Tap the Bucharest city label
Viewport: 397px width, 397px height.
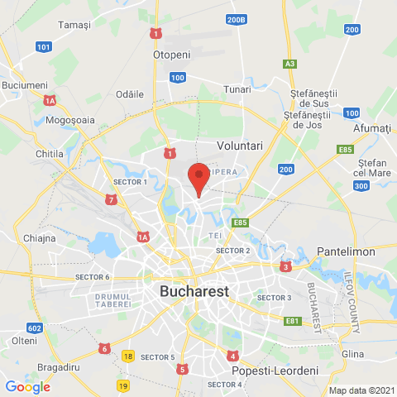[194, 291]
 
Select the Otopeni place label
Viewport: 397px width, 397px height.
[172, 54]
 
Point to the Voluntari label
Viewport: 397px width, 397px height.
[239, 145]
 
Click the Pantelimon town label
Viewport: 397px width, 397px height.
[345, 250]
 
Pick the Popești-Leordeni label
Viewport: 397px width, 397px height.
[275, 371]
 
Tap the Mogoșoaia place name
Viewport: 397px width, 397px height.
[71, 120]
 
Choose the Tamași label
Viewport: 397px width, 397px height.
[74, 26]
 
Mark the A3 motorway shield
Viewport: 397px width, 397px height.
[289, 63]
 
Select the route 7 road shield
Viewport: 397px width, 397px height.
[111, 199]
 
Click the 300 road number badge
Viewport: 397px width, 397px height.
[361, 186]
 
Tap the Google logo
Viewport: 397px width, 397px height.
[27, 386]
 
